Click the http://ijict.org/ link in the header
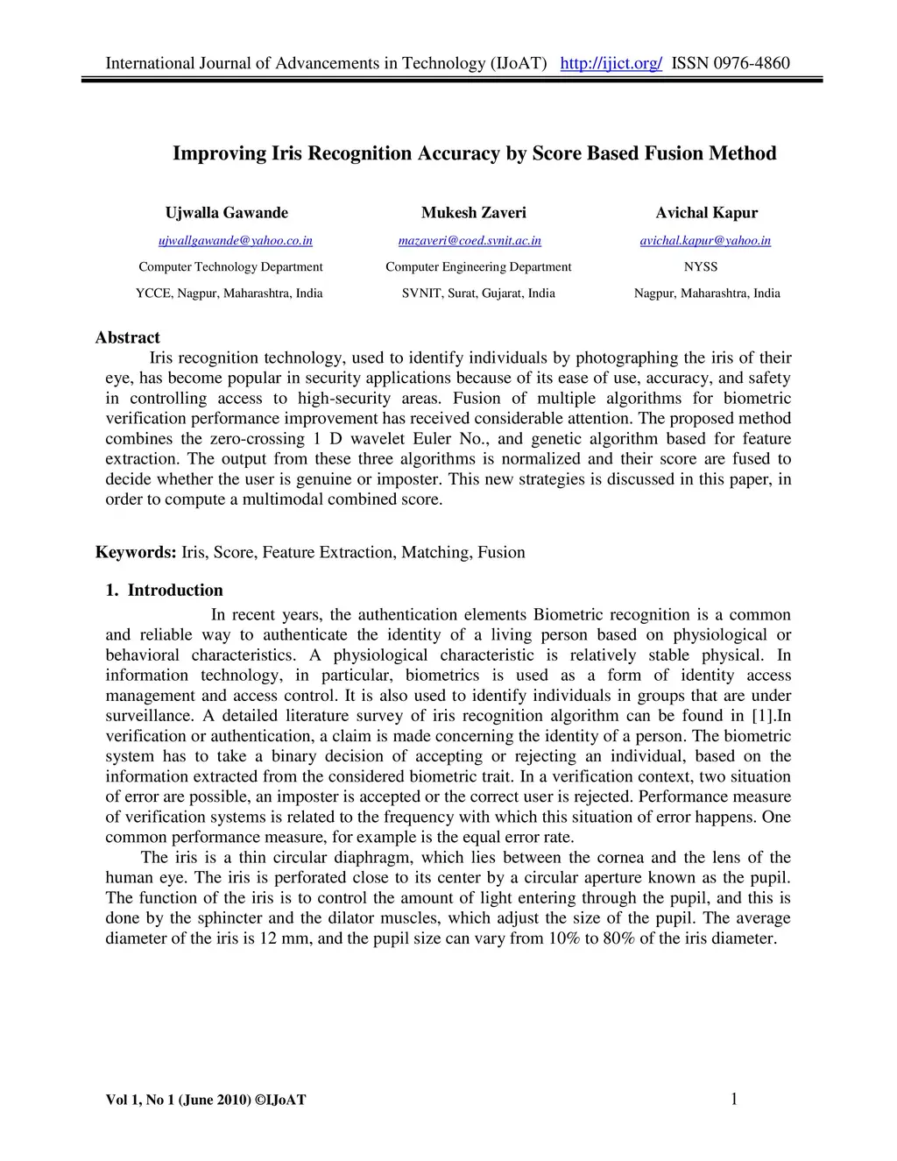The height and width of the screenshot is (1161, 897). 611,63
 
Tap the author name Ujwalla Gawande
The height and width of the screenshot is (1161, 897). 226,213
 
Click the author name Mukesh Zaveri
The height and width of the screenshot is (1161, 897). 474,213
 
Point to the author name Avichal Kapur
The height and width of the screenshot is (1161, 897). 706,213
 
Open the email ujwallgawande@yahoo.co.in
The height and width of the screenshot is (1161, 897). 235,241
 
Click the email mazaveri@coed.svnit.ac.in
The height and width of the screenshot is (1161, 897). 470,241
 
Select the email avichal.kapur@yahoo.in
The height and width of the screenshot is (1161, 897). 705,241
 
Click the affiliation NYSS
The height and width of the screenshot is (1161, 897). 700,267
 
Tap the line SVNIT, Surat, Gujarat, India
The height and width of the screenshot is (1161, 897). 478,294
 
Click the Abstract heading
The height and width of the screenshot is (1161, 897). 128,337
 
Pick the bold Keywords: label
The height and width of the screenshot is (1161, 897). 136,552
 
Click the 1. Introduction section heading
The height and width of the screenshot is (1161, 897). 164,590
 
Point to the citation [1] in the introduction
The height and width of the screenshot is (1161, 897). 763,716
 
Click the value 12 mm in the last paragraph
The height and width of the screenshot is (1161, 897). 279,938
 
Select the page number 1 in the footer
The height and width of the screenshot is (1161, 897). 733,1099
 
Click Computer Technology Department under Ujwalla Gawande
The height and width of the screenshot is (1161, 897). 230,267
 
